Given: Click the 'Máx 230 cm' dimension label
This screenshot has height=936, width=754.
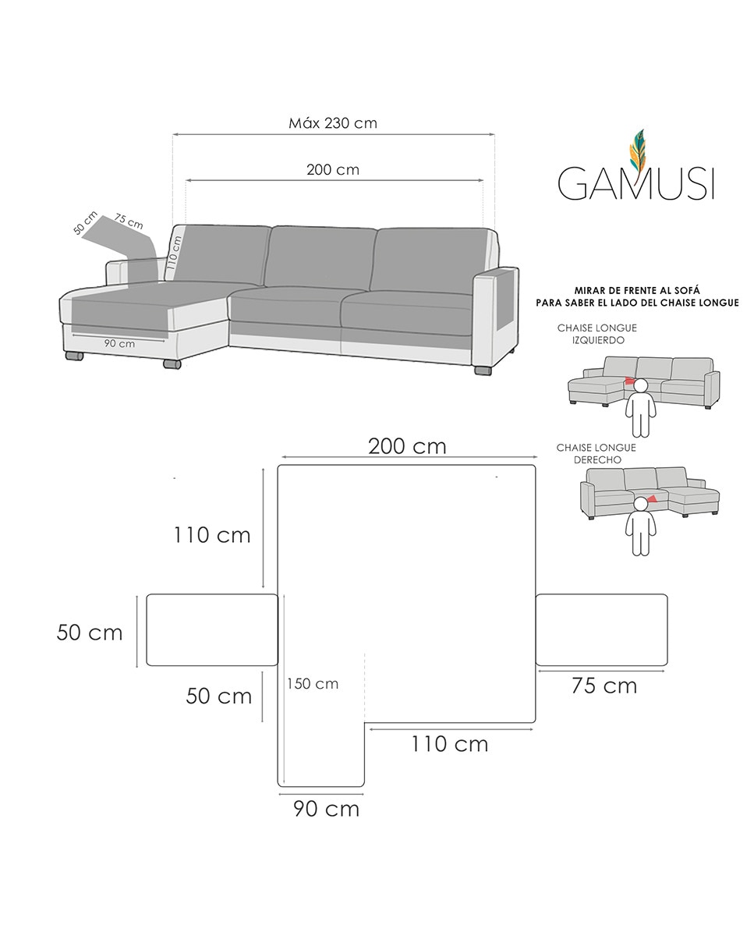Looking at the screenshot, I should tap(333, 123).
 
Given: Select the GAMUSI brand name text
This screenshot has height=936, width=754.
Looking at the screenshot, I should tap(635, 184).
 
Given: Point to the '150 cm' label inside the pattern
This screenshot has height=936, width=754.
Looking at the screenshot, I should tap(312, 683).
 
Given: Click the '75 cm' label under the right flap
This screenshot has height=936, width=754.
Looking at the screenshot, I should tap(604, 686).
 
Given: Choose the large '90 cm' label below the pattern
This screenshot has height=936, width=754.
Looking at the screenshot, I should tap(326, 809).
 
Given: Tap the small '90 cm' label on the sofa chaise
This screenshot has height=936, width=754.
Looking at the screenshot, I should tap(119, 343).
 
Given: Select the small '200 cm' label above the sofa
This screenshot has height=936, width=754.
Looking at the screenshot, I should tap(333, 169).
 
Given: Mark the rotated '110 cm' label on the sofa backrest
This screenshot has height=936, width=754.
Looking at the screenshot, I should tap(175, 253).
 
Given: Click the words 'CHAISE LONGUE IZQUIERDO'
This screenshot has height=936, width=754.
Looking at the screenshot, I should tap(596, 335).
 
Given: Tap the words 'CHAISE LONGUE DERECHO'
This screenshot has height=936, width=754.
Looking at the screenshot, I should tap(596, 454).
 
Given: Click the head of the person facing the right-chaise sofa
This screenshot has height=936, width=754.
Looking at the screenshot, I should tap(641, 504).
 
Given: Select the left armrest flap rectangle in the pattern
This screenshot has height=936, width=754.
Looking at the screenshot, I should tap(212, 630).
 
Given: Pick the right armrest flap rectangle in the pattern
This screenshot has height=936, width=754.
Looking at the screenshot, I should tap(601, 630).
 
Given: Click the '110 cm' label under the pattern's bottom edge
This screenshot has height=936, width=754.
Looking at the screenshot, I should tap(450, 744).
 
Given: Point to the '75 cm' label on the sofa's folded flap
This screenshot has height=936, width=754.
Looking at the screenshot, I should tap(129, 222).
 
